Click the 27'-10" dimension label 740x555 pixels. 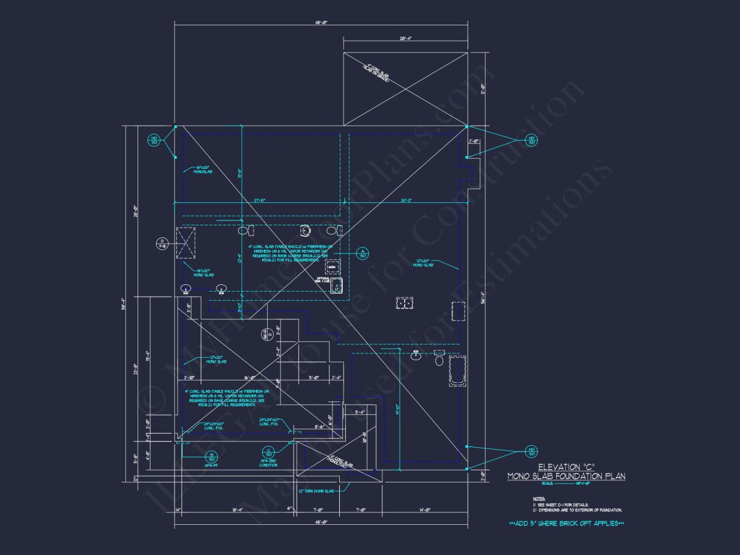click(258, 200)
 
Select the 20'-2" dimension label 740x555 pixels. click(406, 200)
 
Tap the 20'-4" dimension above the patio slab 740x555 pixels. click(405, 38)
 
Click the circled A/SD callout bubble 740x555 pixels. click(363, 253)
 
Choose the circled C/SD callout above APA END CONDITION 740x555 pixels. click(268, 451)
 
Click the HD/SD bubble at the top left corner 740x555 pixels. click(154, 140)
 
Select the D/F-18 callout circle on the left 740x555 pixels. click(162, 242)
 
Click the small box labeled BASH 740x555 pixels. click(333, 266)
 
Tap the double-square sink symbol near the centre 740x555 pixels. click(405, 303)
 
